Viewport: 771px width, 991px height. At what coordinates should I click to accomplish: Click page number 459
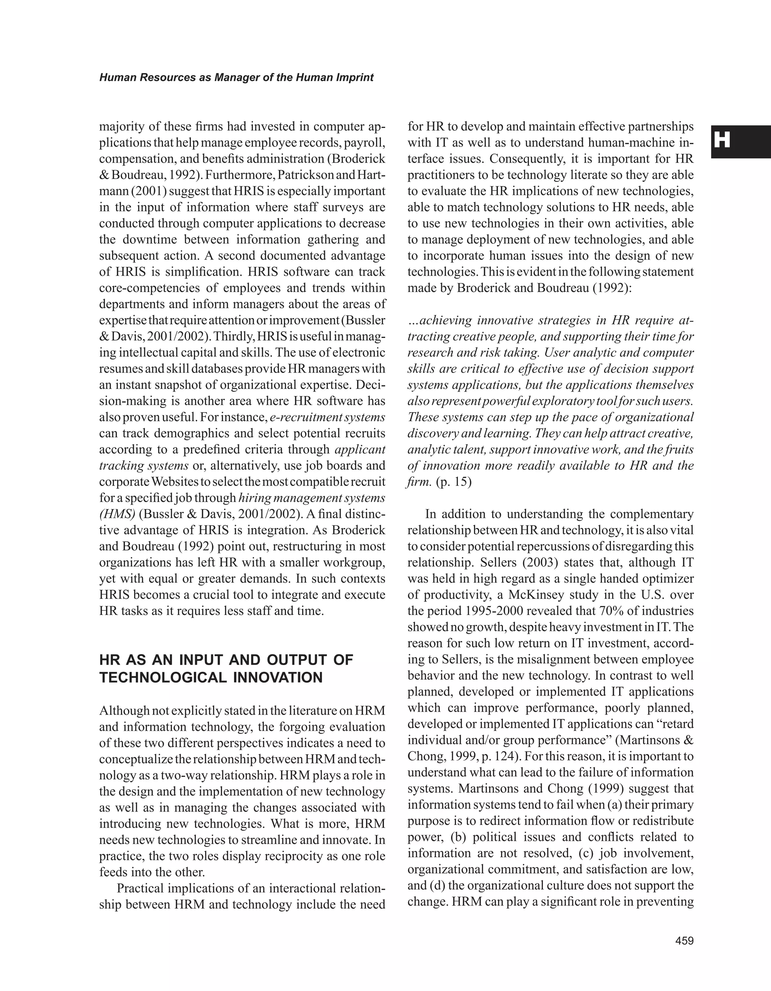tap(684, 941)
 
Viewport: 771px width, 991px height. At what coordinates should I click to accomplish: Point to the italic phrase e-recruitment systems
tap(327, 417)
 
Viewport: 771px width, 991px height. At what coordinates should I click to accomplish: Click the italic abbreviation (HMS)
tap(117, 514)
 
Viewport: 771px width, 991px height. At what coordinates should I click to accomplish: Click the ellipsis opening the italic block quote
tap(413, 321)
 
